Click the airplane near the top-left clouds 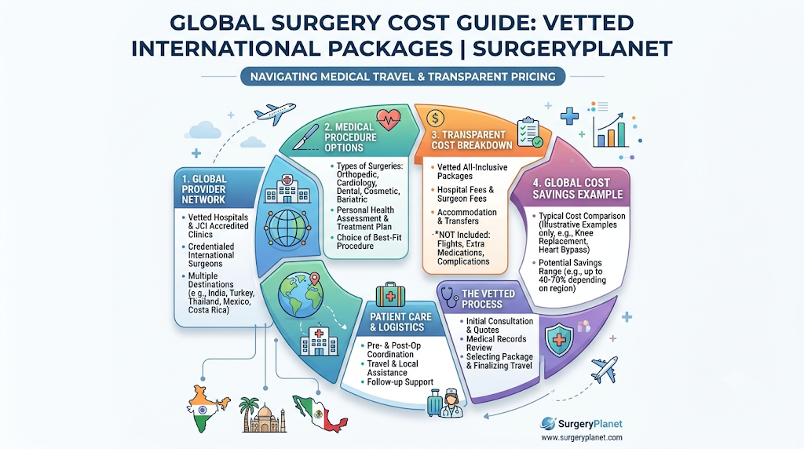[x=276, y=113]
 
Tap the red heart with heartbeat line [x=389, y=120]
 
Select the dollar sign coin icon [x=435, y=119]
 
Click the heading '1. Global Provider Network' [x=204, y=189]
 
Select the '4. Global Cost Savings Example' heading [x=577, y=188]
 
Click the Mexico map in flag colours [x=320, y=412]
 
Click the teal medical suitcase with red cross [x=390, y=295]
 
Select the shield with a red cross [x=559, y=340]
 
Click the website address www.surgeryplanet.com [x=582, y=437]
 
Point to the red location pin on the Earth [x=314, y=280]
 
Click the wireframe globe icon [x=287, y=227]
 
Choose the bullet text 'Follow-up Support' [x=400, y=381]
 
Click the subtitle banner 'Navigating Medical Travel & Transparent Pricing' [x=403, y=76]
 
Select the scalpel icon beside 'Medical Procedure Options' [x=305, y=137]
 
